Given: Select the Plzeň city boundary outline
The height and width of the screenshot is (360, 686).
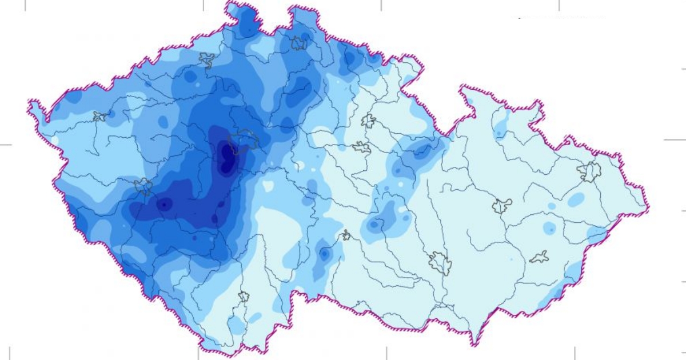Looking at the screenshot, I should tap(143, 187).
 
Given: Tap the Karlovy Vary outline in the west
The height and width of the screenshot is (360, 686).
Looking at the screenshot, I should tap(99, 116).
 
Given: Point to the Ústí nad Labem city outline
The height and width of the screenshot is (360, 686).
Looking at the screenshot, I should tap(206, 59).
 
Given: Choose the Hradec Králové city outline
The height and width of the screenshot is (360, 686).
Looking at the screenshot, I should tap(368, 121).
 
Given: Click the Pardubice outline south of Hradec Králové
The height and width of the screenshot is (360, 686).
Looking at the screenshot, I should tap(362, 147).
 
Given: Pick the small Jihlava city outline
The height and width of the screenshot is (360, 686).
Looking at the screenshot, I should tap(345, 235).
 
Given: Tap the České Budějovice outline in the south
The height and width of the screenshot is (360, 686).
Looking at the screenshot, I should tap(244, 297).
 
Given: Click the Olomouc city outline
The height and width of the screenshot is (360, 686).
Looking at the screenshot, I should tap(502, 206).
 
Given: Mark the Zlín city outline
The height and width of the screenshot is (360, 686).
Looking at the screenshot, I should tap(539, 258).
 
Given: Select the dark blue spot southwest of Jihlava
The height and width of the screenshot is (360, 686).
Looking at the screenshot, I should tap(325, 253).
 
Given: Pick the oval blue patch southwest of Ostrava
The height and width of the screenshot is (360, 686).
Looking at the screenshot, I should tap(576, 199).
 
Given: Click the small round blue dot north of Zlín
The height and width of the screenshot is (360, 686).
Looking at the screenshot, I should tap(549, 229).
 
